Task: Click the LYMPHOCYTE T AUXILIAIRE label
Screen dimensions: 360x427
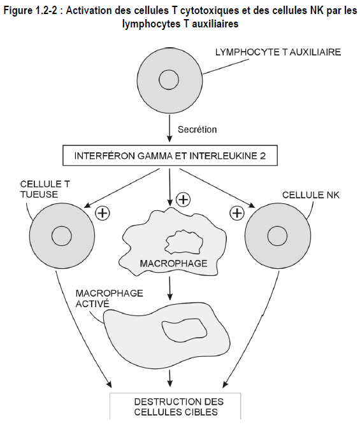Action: [x=278, y=52]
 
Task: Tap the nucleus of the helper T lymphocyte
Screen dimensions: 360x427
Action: [x=169, y=80]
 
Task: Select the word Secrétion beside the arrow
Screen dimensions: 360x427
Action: [x=197, y=129]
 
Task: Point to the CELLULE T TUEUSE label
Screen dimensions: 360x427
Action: [x=45, y=189]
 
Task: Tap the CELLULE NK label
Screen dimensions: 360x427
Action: [x=311, y=195]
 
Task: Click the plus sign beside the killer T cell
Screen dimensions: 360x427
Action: [x=103, y=213]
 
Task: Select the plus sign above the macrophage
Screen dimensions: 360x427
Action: [x=184, y=199]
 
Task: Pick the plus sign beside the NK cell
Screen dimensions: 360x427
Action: [x=237, y=213]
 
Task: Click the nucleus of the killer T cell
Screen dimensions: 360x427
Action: [x=62, y=236]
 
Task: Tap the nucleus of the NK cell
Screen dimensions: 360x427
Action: [x=277, y=236]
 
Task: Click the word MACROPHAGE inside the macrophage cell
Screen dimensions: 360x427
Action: [x=173, y=263]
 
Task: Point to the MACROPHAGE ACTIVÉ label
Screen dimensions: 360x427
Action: [x=109, y=298]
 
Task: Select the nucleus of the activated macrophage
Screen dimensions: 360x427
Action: [x=184, y=330]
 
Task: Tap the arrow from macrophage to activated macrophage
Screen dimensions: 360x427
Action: [x=169, y=289]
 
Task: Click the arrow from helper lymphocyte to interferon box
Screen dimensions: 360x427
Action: [x=169, y=128]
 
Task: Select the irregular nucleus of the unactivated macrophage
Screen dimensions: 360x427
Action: [x=184, y=242]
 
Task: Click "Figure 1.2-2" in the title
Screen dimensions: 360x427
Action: [x=31, y=11]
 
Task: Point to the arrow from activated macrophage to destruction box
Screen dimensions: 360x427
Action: [x=169, y=378]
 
